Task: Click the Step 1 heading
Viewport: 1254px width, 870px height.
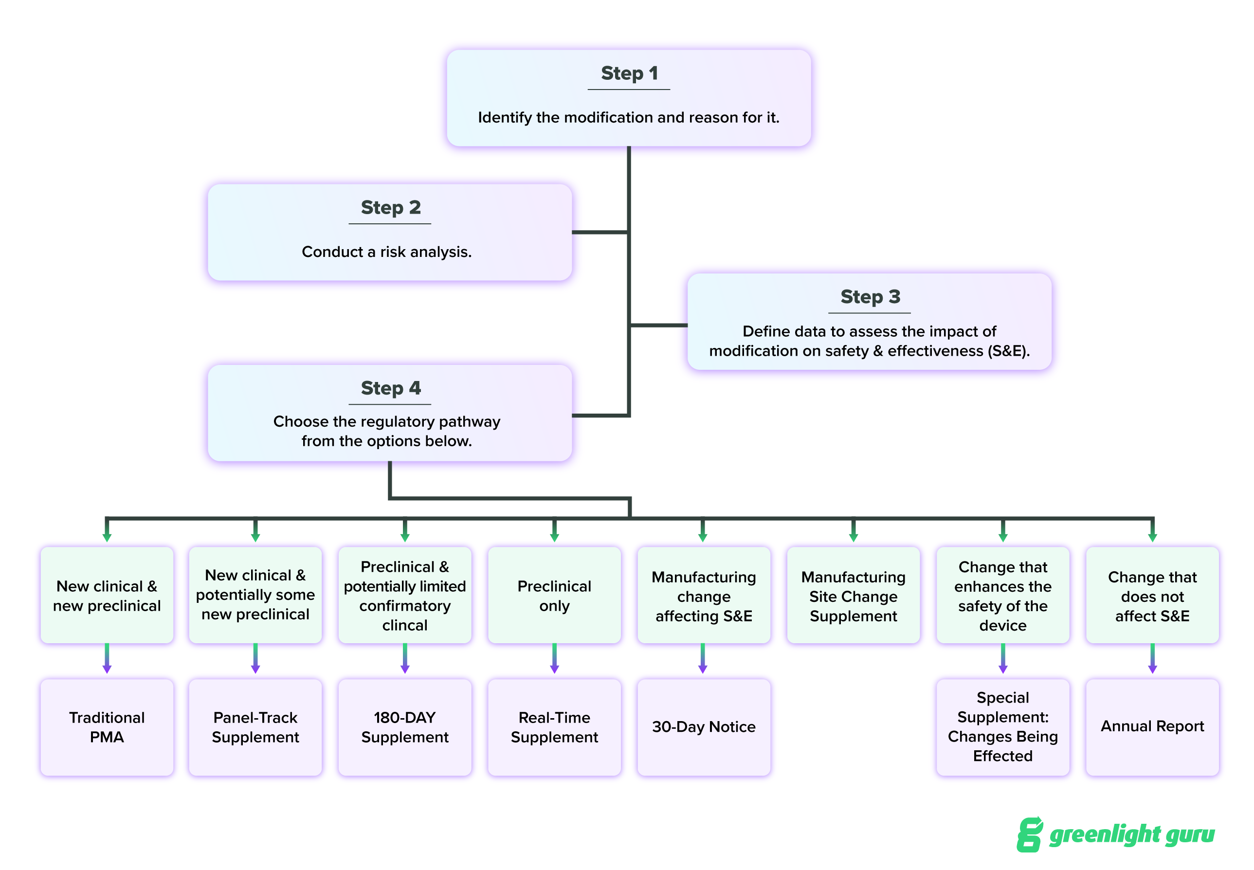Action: click(629, 73)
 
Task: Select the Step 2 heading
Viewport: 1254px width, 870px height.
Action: click(390, 207)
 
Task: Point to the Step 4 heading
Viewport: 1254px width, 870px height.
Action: click(390, 388)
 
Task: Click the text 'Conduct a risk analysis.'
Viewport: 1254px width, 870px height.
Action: click(386, 252)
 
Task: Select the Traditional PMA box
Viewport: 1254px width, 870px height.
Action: click(107, 726)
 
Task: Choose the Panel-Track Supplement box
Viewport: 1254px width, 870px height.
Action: click(255, 726)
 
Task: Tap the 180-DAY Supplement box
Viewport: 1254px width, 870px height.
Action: click(404, 726)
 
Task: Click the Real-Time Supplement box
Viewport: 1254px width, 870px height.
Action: click(554, 726)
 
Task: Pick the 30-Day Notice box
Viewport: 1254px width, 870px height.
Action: click(703, 726)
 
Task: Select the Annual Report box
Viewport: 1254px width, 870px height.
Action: click(1152, 726)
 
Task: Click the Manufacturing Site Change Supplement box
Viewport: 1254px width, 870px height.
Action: click(853, 596)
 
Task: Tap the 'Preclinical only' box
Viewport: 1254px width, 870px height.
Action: click(554, 596)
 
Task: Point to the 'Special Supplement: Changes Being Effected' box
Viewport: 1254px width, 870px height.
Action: click(1002, 726)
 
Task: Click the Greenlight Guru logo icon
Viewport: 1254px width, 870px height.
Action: click(1029, 834)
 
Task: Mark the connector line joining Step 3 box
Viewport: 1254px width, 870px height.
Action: click(658, 326)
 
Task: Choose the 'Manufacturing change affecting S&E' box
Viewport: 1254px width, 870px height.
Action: click(703, 596)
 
